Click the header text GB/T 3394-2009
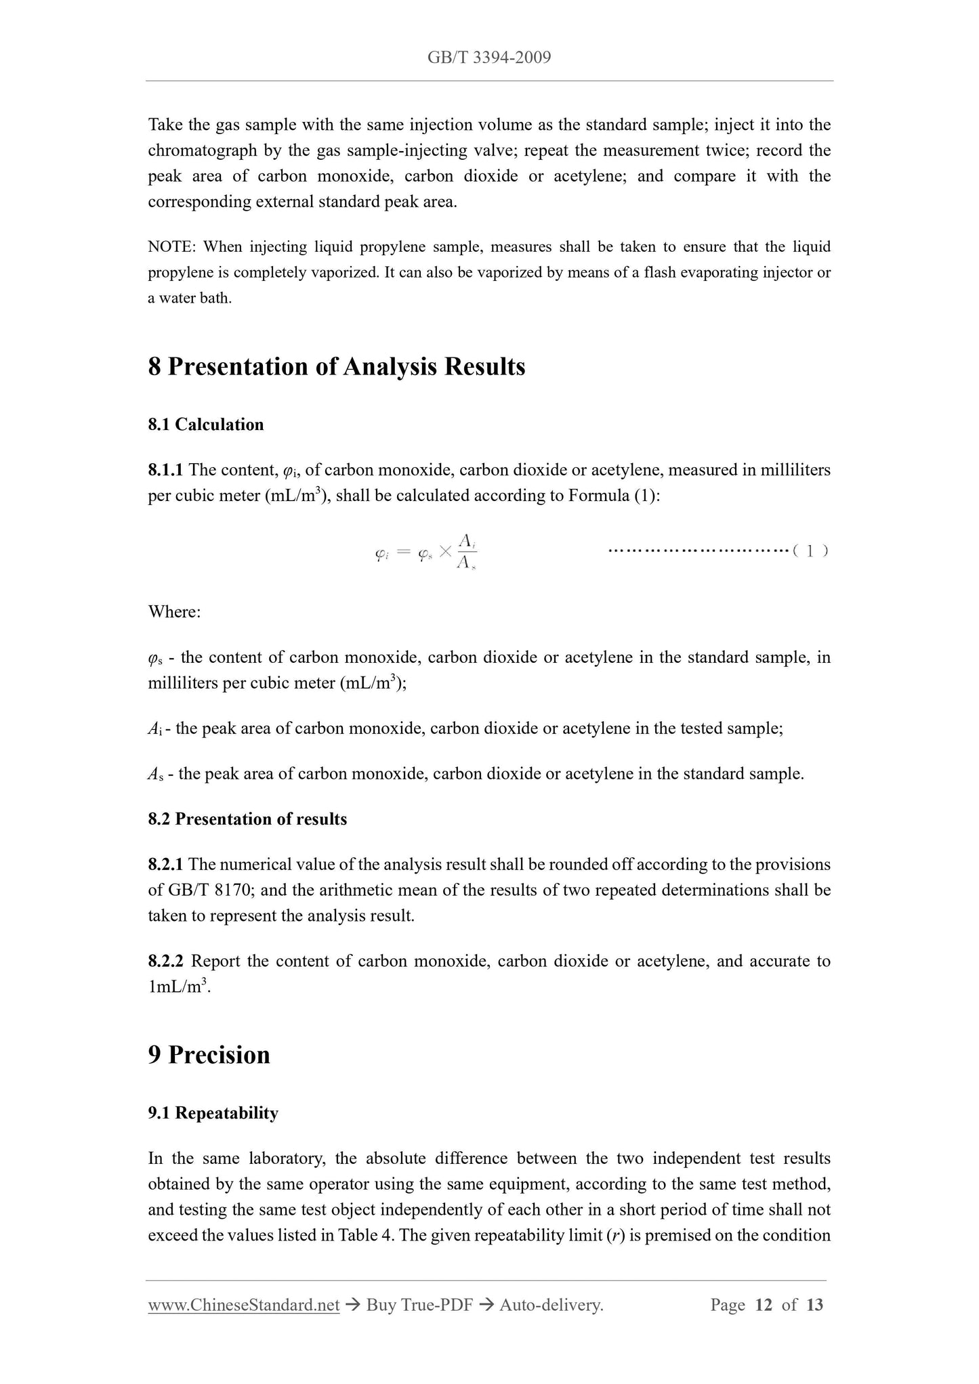point(488,57)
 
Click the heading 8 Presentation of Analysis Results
point(336,367)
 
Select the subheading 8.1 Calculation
point(205,425)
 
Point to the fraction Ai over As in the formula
point(466,551)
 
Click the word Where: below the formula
point(174,612)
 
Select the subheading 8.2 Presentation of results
point(247,819)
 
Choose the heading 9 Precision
point(209,1055)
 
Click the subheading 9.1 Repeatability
point(213,1114)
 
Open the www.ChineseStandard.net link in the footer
point(243,1305)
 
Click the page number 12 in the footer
point(764,1305)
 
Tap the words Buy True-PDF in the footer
point(419,1305)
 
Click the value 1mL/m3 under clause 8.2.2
point(177,987)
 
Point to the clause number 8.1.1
point(165,470)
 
